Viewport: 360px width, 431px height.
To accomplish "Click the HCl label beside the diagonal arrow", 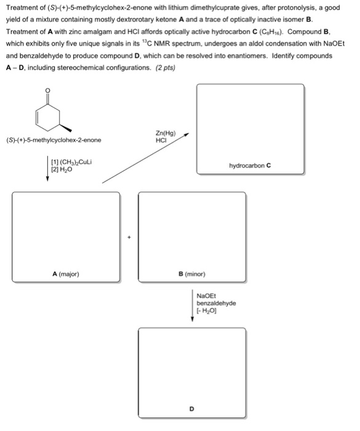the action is [163, 140].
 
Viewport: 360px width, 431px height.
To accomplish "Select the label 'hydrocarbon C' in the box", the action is [250, 166].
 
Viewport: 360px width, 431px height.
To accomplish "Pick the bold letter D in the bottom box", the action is [192, 408].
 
